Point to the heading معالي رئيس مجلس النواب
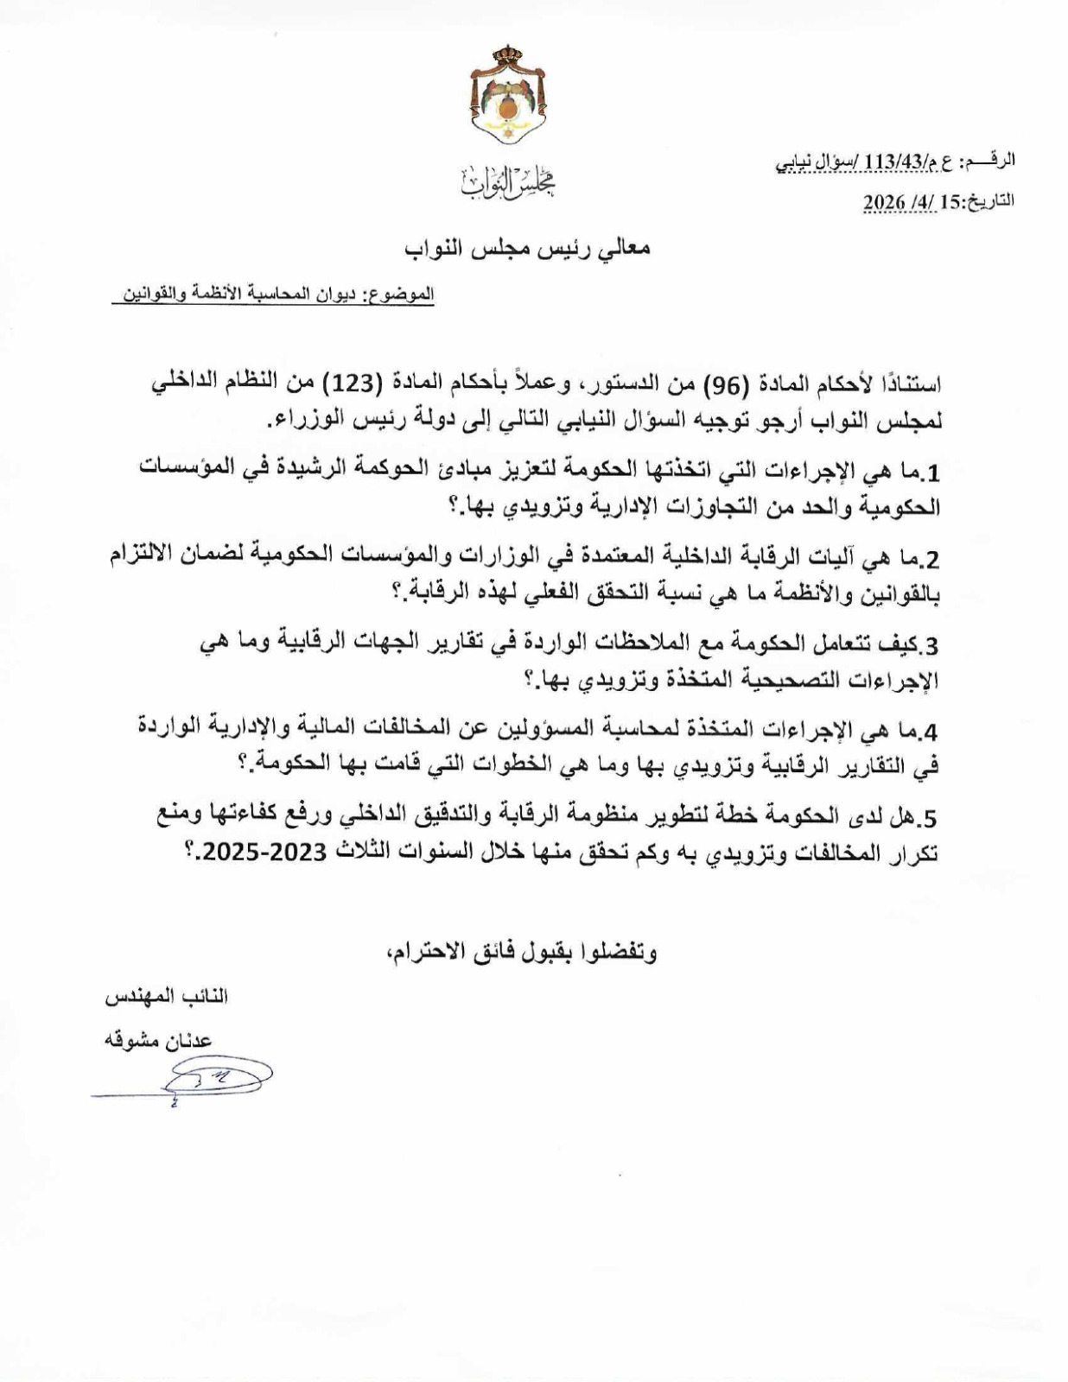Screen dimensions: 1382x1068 (528, 248)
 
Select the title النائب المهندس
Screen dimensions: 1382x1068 (167, 996)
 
